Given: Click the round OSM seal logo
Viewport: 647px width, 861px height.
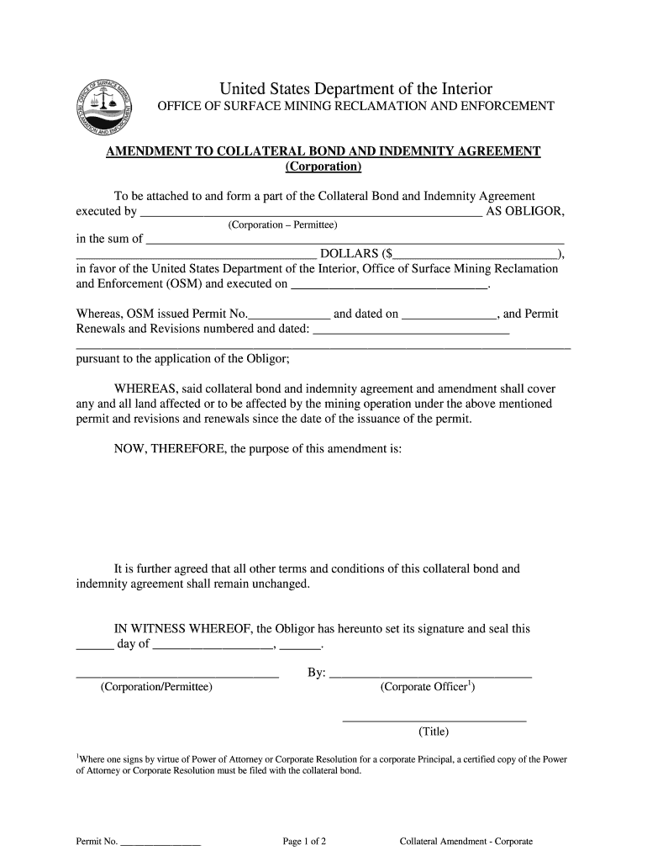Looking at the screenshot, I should (x=103, y=108).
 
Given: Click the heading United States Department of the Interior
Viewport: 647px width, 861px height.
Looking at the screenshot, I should (x=355, y=89).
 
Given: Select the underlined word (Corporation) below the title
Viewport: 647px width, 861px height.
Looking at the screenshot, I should (x=323, y=166).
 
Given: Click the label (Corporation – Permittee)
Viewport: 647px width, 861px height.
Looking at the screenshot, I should (x=282, y=225).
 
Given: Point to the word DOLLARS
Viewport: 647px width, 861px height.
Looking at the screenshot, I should (x=350, y=253).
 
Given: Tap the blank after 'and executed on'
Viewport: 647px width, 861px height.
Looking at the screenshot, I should (x=389, y=285).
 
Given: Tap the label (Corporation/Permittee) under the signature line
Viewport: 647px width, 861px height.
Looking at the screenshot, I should (x=156, y=687).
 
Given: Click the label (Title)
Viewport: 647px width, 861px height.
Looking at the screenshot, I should (x=434, y=731).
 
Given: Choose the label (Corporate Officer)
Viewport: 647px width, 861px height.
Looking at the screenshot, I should (x=428, y=687).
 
